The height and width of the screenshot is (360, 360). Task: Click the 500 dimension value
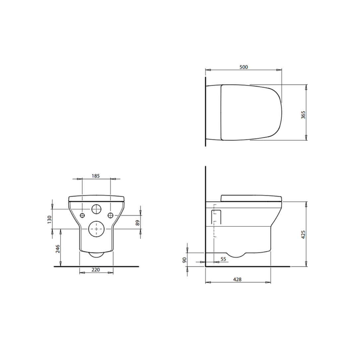[x=244, y=67]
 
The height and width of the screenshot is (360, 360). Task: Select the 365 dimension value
[x=303, y=114]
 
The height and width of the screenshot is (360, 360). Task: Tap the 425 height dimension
[x=303, y=235]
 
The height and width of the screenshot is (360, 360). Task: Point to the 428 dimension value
[x=237, y=279]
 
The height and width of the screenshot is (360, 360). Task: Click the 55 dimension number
[x=223, y=259]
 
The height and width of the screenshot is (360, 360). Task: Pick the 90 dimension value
[x=184, y=260]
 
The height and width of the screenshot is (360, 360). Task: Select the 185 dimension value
[x=96, y=176]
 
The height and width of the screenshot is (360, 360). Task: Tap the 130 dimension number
[x=49, y=220]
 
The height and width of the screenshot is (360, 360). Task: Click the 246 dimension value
[x=58, y=249]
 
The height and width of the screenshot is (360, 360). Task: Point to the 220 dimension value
[x=96, y=269]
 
